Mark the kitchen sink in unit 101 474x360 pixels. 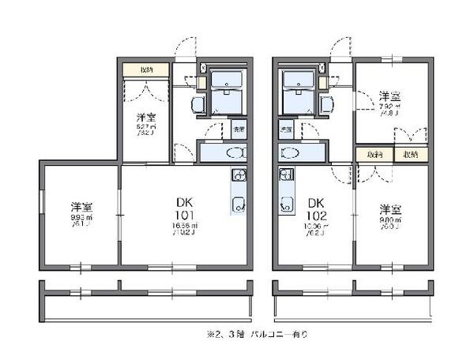click(238, 207)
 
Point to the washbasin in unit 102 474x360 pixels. click(290, 153)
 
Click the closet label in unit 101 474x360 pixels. click(146, 69)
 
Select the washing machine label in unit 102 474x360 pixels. click(285, 128)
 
